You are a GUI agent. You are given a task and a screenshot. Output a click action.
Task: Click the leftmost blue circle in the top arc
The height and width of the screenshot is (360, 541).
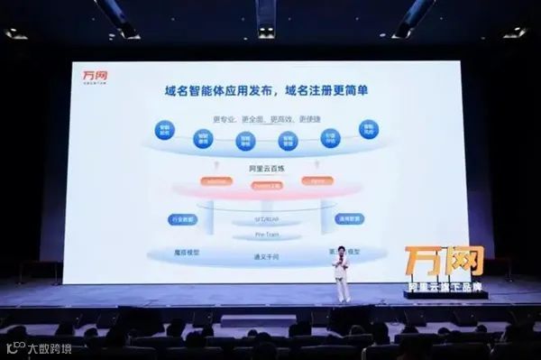(164, 129)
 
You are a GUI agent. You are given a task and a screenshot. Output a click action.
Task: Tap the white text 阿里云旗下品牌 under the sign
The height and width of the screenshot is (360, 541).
(445, 286)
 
